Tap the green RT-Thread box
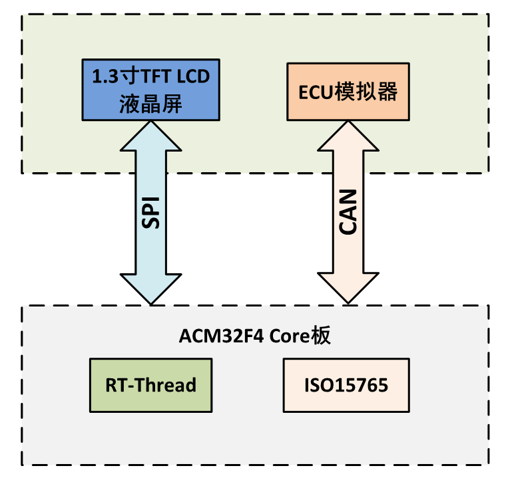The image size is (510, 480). pyautogui.click(x=150, y=385)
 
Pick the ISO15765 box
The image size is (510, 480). pyautogui.click(x=346, y=385)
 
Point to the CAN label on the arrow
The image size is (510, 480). pyautogui.click(x=348, y=211)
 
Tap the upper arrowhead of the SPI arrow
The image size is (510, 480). pyautogui.click(x=150, y=136)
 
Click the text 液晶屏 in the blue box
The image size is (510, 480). pyautogui.click(x=150, y=104)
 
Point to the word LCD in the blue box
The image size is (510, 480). pyautogui.click(x=192, y=76)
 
